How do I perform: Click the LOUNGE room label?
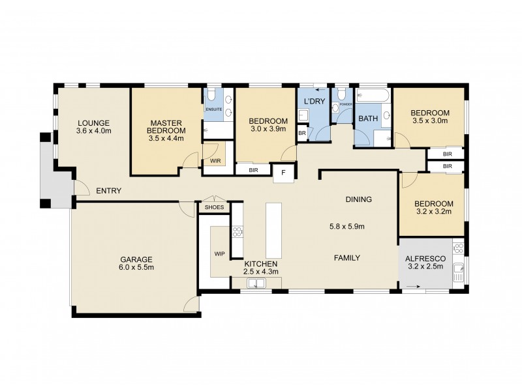[x=93, y=123]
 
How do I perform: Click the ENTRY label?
[x=108, y=191]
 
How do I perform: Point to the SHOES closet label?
[x=214, y=208]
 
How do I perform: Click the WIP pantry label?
[x=220, y=253]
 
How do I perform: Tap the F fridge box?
[x=283, y=173]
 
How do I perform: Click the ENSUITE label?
[x=214, y=109]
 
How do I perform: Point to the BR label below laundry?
[x=301, y=133]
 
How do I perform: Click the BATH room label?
[x=367, y=119]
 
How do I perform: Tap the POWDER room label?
[x=346, y=104]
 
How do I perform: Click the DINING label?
[x=358, y=199]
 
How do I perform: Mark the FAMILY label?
[x=347, y=258]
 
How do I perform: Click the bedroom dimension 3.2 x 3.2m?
[x=433, y=211]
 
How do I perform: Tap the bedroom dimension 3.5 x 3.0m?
[x=430, y=119]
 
